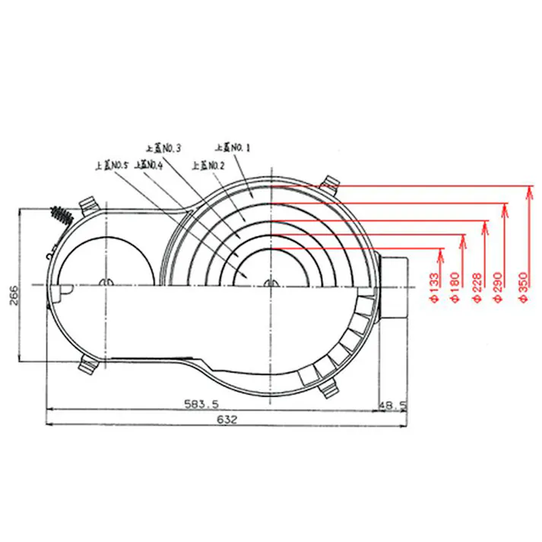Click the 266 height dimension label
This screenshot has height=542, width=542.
(13, 290)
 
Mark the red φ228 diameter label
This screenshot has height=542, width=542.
(478, 287)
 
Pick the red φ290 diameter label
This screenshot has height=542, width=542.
(499, 287)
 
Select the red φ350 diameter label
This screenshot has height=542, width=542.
(521, 287)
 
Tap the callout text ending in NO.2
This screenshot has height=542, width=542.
(208, 164)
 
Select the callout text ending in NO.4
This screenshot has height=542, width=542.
(148, 164)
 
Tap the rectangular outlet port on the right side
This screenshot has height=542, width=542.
(395, 287)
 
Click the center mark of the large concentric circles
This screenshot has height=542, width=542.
(271, 284)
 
